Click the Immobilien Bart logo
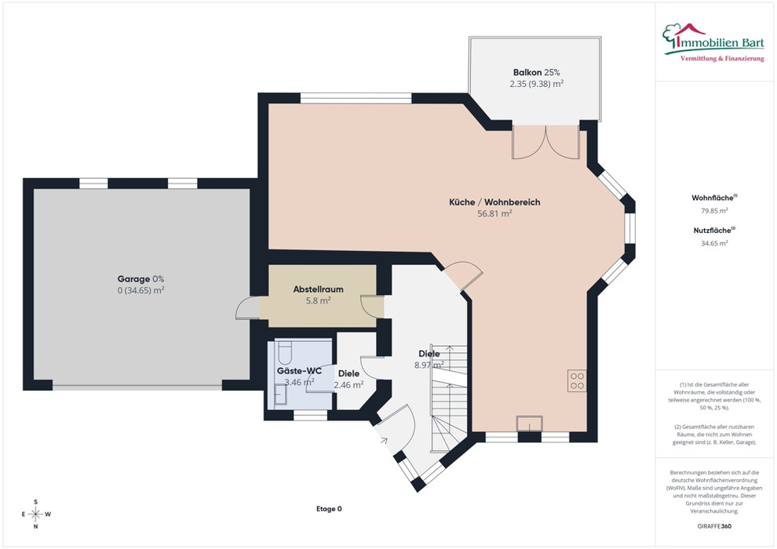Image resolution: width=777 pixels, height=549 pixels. pos(713,42)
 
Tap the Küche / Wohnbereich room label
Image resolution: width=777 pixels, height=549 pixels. pos(494,202)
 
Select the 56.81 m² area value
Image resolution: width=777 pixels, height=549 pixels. pos(494,214)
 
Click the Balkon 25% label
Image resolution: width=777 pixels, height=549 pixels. pos(536,72)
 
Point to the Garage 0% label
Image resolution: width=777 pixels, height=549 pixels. pos(140,278)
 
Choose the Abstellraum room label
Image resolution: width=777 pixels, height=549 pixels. pos(318,289)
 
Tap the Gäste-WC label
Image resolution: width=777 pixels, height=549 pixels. pos(299,371)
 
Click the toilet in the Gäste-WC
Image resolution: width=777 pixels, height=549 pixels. pos(285,351)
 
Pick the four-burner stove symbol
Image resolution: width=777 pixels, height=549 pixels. pos(577,380)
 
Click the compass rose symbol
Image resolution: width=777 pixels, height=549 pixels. pos(35,514)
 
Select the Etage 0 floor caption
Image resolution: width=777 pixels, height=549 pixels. pos(329,509)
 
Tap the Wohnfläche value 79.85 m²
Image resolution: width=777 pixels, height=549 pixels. pos(714,210)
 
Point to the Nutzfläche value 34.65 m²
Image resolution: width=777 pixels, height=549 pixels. pos(714,243)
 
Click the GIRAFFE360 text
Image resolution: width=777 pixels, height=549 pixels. pos(714,526)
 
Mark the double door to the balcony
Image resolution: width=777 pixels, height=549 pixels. pos(545,142)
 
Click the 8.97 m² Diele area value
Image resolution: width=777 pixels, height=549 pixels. pos(429,365)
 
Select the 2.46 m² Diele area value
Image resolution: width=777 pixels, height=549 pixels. pos(348,385)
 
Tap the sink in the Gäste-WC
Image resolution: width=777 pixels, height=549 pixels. pos(280,394)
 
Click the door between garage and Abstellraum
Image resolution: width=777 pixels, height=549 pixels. pos(248,308)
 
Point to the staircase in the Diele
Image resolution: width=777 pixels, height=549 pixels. pos(448,398)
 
